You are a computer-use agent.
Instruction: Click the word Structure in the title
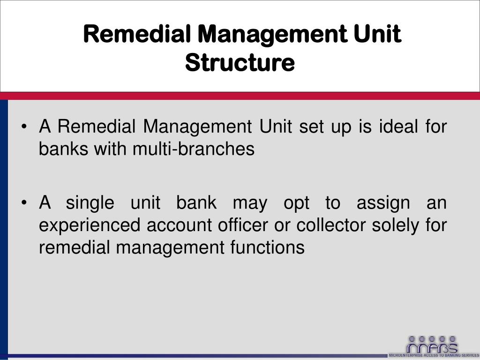tap(240, 63)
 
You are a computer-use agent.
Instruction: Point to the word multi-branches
tap(193, 150)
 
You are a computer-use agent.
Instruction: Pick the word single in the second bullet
tap(90, 203)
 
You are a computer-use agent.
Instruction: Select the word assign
tap(383, 203)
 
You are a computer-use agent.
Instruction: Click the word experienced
tap(89, 225)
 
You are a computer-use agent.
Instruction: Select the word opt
tap(296, 204)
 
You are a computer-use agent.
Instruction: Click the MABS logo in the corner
tap(431, 345)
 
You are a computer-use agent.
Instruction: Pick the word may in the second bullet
tap(250, 204)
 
